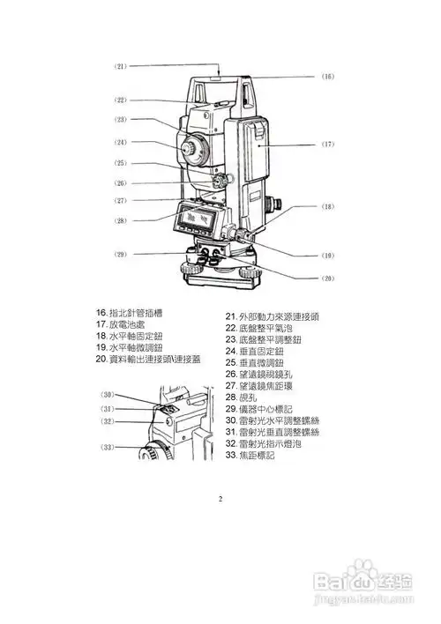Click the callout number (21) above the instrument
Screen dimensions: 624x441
click(121, 66)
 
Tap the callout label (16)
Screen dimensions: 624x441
click(327, 77)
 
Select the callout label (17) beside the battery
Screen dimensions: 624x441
click(327, 144)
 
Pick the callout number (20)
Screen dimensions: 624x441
click(327, 278)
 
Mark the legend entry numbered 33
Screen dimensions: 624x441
click(251, 455)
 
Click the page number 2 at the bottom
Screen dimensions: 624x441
click(220, 498)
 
